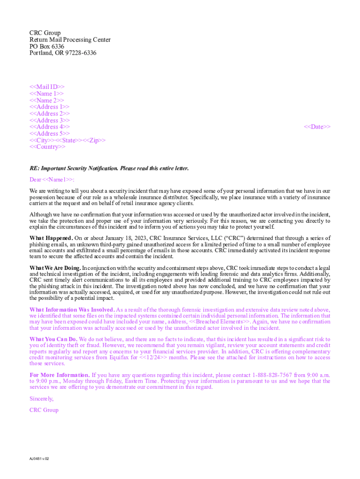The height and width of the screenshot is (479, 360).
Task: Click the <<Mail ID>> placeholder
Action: click(x=47, y=87)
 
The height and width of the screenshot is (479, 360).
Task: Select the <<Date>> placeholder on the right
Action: click(x=317, y=127)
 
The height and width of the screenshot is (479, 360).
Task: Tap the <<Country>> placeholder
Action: click(x=48, y=147)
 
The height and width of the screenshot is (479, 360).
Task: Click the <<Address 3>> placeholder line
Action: click(x=50, y=120)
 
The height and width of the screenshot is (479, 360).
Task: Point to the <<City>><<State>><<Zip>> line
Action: click(x=67, y=140)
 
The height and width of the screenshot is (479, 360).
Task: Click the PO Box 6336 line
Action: click(x=47, y=47)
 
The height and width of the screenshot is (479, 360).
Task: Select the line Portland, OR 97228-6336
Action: click(x=63, y=53)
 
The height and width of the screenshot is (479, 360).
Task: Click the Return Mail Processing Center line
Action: click(x=70, y=40)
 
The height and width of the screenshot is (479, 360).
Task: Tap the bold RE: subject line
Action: click(x=109, y=168)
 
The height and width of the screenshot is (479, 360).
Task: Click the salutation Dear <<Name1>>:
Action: click(x=52, y=180)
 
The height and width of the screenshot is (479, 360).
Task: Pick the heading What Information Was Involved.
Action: click(x=72, y=310)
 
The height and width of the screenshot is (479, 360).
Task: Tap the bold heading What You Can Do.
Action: click(x=53, y=339)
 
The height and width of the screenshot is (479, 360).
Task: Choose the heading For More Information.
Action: click(x=60, y=375)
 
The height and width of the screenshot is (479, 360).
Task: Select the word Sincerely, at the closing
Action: click(x=42, y=399)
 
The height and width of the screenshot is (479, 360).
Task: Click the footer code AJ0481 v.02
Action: click(x=39, y=458)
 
